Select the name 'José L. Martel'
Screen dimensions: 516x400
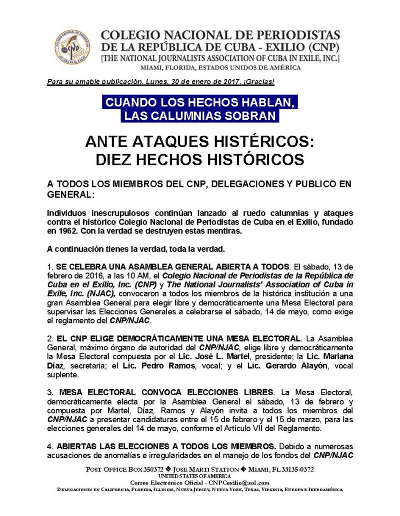click(x=218, y=345)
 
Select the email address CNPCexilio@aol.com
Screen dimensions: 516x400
click(x=240, y=483)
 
